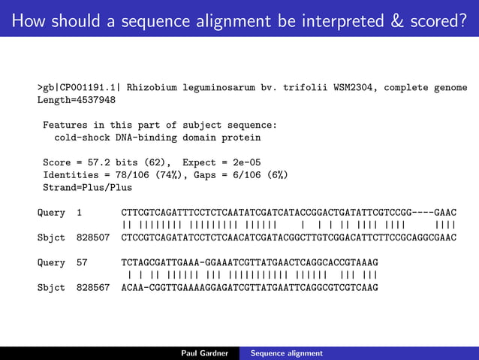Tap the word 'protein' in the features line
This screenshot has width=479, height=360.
tap(241, 138)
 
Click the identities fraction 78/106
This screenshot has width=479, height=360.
tap(122, 174)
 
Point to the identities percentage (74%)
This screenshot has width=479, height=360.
tap(163, 174)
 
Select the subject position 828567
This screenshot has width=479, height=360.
tap(93, 287)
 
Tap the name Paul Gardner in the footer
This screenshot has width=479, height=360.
tap(204, 352)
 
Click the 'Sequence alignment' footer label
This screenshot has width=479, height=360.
tap(287, 352)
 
